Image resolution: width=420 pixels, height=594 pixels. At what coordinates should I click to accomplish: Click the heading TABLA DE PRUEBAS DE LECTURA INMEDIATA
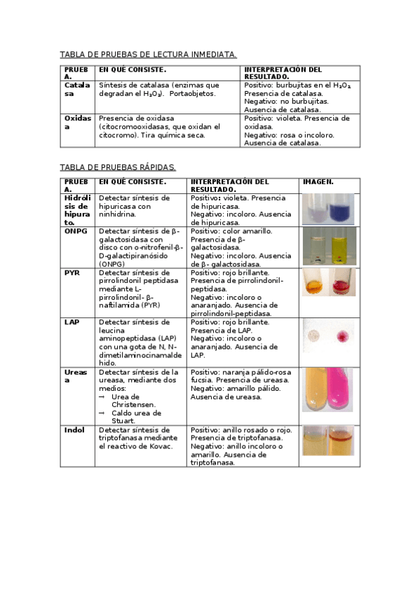tap(148, 55)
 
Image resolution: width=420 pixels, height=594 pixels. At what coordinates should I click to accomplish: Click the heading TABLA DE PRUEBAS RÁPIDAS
tap(118, 167)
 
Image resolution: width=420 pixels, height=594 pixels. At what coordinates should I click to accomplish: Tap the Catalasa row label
tap(78, 89)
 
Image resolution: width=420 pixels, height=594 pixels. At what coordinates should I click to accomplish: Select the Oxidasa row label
tap(78, 123)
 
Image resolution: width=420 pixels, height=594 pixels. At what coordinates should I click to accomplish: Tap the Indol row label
tap(74, 429)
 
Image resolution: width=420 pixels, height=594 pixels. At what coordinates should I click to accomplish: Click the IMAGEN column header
tap(318, 182)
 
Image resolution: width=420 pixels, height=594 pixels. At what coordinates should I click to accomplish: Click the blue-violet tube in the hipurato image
tap(342, 209)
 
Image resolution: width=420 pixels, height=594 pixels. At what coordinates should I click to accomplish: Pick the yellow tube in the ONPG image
tap(341, 247)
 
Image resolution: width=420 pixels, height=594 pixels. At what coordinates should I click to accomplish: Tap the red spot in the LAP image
tap(344, 333)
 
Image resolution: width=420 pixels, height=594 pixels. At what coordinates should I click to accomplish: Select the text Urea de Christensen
tap(134, 401)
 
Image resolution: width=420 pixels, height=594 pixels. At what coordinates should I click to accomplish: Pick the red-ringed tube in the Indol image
tap(341, 441)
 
